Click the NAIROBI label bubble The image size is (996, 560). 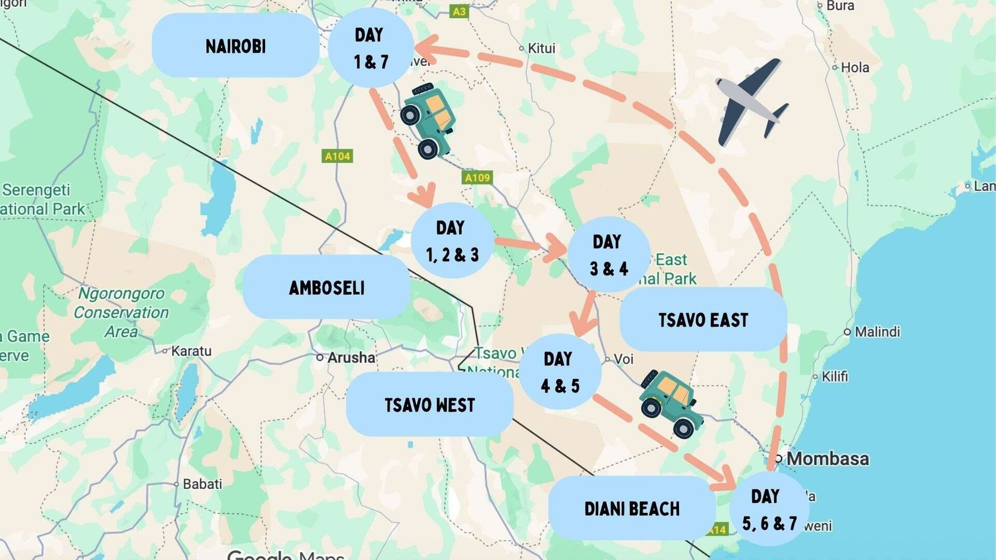[x=235, y=46]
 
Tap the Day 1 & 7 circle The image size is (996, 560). [x=371, y=48]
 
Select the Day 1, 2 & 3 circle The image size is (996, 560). [x=453, y=241]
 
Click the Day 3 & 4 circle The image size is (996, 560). [x=609, y=254]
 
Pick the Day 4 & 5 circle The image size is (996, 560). [x=560, y=372]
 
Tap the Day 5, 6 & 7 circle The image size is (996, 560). [x=769, y=510]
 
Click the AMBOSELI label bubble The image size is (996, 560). [x=326, y=287]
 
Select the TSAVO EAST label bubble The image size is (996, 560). [x=703, y=320]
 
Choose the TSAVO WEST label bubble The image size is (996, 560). [x=430, y=404]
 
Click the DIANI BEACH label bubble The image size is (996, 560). [x=632, y=508]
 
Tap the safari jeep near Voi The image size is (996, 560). [x=670, y=403]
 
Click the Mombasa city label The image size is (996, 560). [x=827, y=459]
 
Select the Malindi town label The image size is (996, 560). [x=876, y=332]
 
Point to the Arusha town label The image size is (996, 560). [x=351, y=358]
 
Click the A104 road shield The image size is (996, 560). [x=338, y=156]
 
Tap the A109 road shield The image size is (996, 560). [x=477, y=178]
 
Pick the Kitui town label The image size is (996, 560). [x=541, y=49]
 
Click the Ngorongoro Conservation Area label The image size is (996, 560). [x=121, y=312]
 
